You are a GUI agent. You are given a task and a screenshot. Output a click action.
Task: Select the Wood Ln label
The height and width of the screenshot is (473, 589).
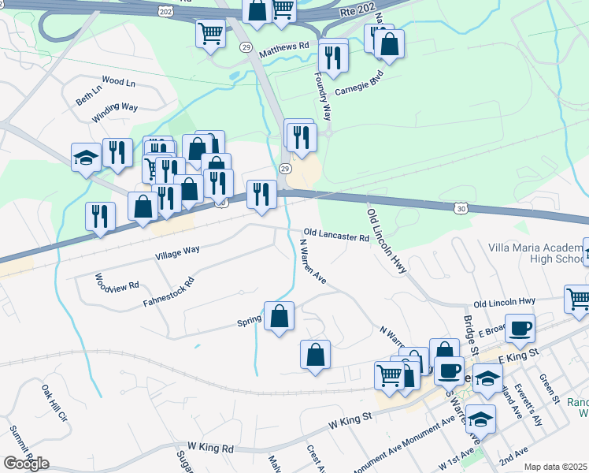tap(119, 81)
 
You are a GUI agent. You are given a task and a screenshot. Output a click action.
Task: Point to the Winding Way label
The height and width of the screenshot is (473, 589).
tap(115, 108)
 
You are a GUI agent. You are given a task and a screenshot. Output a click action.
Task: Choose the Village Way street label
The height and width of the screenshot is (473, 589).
tap(177, 251)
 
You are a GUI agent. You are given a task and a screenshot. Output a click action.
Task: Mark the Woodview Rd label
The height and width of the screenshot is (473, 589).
tap(117, 282)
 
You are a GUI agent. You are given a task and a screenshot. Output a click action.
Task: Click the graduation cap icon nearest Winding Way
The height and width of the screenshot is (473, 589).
tap(85, 158)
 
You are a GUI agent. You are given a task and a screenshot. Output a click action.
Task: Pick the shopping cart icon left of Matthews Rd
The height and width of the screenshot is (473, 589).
tap(210, 34)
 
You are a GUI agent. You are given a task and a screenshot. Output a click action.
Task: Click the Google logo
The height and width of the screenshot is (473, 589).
tap(26, 464)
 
